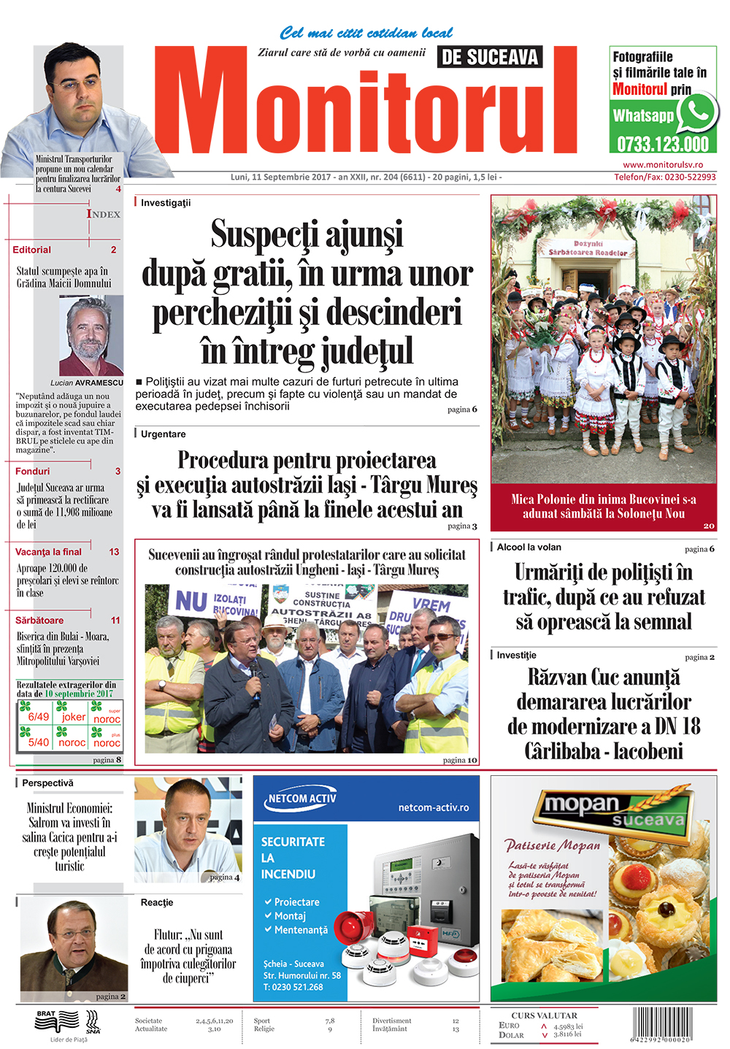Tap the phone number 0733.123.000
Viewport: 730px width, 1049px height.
pos(663,143)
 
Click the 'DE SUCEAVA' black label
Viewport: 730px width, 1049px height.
pos(490,57)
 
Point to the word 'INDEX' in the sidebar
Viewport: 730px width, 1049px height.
pos(104,214)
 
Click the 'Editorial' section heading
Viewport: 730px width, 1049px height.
pos(32,250)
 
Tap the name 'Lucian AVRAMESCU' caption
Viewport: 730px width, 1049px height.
pos(87,383)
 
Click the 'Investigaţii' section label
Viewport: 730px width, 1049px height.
pos(166,203)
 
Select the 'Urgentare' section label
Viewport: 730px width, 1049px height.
pos(164,434)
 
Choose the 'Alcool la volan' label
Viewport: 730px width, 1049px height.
pos(529,547)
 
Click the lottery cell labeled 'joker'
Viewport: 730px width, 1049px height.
pos(73,717)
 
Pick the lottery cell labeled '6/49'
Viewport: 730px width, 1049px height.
pos(38,717)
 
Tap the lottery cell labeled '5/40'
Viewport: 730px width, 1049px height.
pos(38,742)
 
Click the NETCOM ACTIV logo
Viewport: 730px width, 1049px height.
pos(302,799)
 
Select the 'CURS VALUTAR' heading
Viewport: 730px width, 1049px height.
pos(544,1015)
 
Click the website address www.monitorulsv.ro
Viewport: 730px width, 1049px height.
pos(663,165)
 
